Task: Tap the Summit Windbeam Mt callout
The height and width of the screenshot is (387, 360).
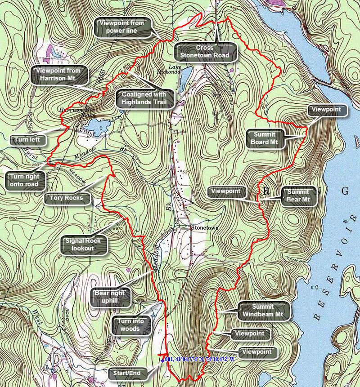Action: pyautogui.click(x=263, y=310)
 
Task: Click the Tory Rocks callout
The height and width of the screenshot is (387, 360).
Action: pyautogui.click(x=67, y=198)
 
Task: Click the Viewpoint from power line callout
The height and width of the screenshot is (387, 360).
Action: pyautogui.click(x=121, y=27)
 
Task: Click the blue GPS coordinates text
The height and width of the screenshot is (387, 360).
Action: pyautogui.click(x=206, y=360)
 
